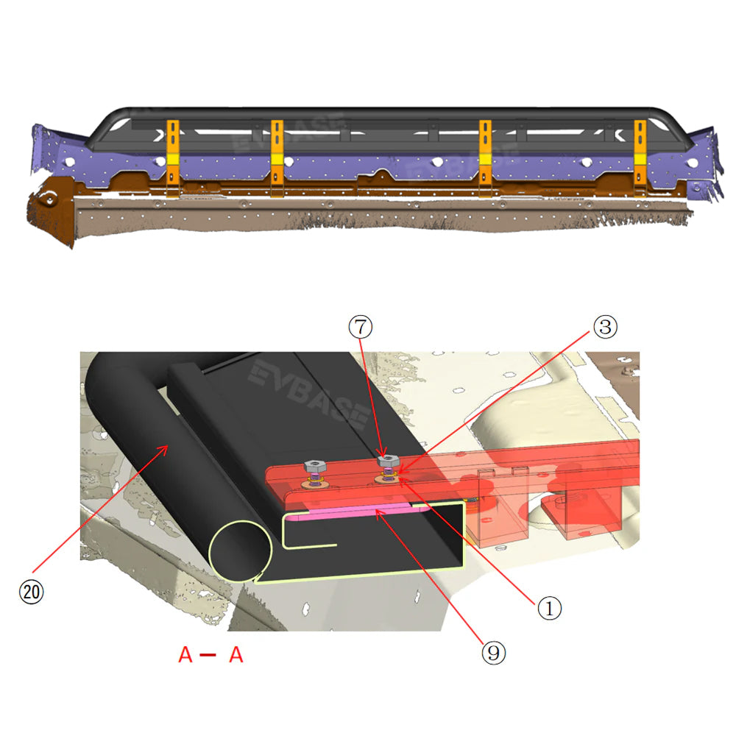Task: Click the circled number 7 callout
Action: [361, 327]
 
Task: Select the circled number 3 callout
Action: [606, 327]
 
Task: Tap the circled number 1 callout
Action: [549, 608]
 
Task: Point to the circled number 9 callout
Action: [494, 652]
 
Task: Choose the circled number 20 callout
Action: [32, 592]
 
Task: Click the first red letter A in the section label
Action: [185, 654]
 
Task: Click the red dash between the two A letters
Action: [208, 655]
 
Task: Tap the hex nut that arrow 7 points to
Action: [388, 461]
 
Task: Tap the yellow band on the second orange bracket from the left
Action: [277, 160]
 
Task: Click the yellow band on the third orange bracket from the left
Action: [485, 160]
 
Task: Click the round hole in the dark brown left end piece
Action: [50, 199]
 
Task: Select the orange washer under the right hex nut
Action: [387, 479]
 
